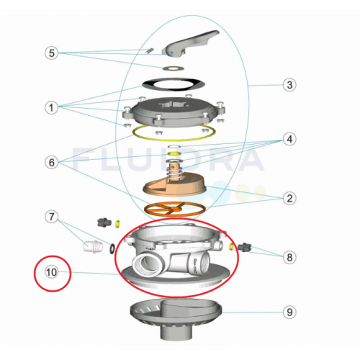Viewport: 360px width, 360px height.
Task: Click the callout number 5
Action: (x=52, y=53)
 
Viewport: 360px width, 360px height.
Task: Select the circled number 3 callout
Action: (x=289, y=85)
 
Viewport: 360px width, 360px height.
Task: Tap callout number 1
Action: (x=51, y=107)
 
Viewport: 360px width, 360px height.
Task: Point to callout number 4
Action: (x=289, y=139)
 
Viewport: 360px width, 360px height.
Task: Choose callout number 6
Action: (x=52, y=163)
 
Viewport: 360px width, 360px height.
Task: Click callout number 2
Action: (x=289, y=198)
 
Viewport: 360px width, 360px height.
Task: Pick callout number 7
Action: (x=52, y=217)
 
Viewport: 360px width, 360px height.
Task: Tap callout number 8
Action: (x=289, y=257)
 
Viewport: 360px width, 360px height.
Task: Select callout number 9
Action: (x=289, y=312)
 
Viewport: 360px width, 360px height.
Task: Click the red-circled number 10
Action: (x=51, y=272)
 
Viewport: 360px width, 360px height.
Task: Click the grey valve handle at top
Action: (x=189, y=43)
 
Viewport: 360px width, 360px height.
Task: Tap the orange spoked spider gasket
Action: (x=175, y=209)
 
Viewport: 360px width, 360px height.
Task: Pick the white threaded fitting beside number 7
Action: (x=93, y=246)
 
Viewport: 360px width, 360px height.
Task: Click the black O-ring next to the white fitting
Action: (x=112, y=248)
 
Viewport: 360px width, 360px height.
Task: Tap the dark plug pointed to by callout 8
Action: (x=245, y=247)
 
